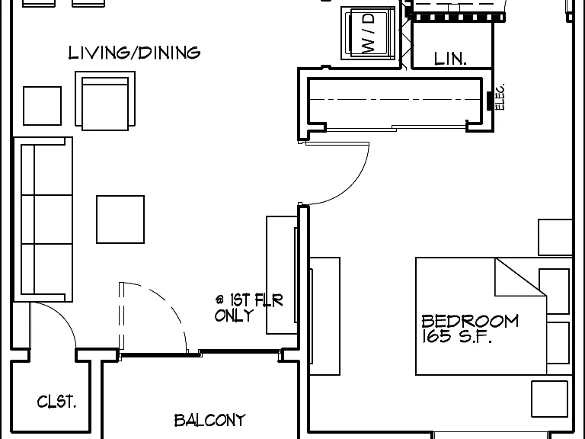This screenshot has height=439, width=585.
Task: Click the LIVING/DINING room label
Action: click(134, 53)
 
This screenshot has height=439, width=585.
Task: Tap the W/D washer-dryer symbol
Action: click(368, 34)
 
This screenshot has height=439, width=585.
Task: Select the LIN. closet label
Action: click(450, 59)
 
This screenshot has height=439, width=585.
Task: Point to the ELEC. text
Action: click(500, 96)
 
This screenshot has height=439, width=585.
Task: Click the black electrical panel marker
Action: click(490, 101)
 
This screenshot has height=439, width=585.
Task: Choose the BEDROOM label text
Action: click(470, 321)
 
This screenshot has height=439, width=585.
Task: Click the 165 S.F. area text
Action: click(457, 336)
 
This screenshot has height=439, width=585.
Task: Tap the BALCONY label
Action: click(210, 421)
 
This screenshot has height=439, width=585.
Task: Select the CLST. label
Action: click(56, 402)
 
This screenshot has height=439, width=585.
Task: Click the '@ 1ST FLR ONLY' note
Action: click(249, 308)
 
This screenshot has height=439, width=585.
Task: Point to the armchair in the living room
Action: click(105, 101)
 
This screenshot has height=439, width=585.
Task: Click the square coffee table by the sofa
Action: click(120, 219)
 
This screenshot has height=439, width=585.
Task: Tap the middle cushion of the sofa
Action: click(46, 219)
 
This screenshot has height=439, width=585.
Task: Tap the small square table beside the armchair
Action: click(42, 106)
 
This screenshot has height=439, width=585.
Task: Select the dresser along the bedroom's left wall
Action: click(325, 316)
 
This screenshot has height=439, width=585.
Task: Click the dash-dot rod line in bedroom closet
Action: click(395, 99)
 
